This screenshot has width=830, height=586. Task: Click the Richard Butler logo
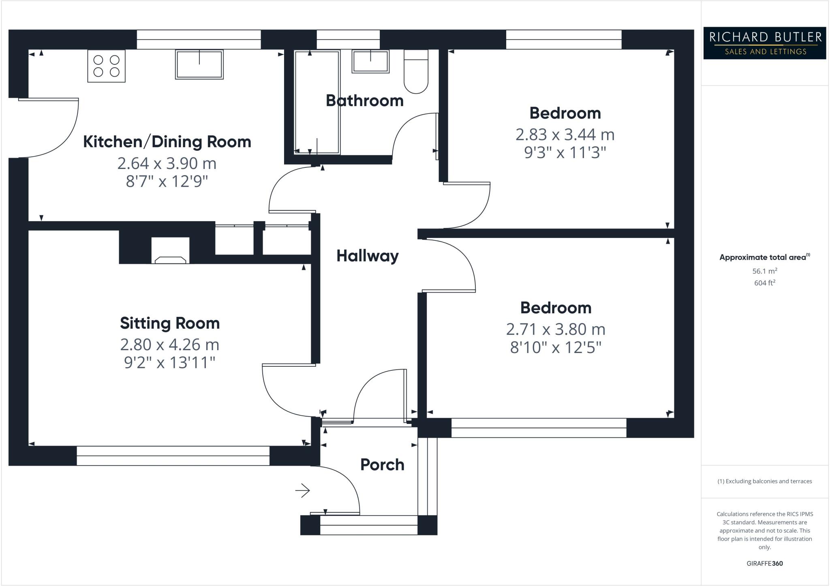pos(764,43)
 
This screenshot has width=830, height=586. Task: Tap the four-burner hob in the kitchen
pos(106,66)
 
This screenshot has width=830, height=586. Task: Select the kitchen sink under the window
pos(199,64)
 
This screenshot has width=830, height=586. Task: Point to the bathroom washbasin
pos(370,62)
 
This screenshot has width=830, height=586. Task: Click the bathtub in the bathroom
pos(317,102)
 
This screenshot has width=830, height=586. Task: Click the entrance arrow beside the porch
pos(302,491)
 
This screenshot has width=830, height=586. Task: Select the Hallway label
pos(368,256)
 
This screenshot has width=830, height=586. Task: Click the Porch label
pos(382,465)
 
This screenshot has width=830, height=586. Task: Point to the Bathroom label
pos(364,101)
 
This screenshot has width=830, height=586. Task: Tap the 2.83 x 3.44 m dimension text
pos(565,135)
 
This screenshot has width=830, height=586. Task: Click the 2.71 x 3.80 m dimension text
pos(555,329)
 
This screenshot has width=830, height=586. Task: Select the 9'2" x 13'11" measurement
pos(169,362)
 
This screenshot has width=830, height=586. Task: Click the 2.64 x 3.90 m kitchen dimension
pos(167,163)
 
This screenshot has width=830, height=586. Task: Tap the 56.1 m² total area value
pos(764,271)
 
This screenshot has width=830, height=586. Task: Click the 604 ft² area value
pos(764,283)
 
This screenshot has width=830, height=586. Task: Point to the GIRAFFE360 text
pos(764,563)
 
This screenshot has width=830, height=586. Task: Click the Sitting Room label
pos(170,323)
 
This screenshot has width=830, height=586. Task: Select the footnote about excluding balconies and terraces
pos(764,481)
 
